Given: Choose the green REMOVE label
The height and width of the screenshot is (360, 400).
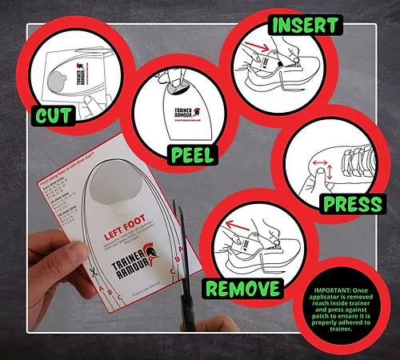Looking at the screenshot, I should (x=242, y=287).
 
